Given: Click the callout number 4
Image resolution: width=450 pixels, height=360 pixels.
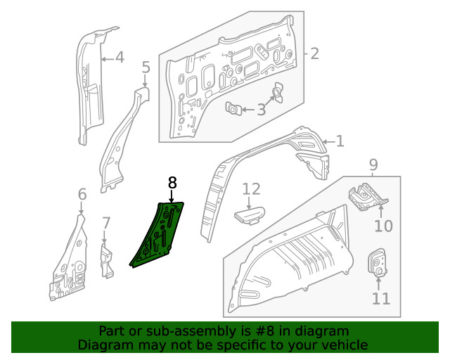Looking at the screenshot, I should click(120, 58).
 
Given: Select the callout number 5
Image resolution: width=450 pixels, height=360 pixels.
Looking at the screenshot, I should click(146, 67).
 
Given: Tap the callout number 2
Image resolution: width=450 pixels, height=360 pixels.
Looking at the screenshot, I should click(314, 53).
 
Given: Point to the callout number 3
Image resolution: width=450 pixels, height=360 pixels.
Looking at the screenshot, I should click(261, 109).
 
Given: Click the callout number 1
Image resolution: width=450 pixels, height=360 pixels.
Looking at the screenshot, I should click(340, 141).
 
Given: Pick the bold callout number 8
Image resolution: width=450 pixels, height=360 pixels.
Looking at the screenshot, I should click(172, 182).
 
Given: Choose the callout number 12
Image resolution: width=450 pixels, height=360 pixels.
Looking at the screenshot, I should click(251, 188).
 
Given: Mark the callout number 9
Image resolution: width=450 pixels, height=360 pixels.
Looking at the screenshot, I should click(373, 165).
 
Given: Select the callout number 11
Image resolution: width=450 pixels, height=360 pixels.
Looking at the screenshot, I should click(380, 299).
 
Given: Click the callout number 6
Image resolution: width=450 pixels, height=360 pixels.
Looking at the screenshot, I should click(82, 193).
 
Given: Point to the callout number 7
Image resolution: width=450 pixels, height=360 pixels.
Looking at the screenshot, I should click(105, 223).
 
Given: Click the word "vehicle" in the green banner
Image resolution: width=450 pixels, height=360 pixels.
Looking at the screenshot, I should click(343, 345).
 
